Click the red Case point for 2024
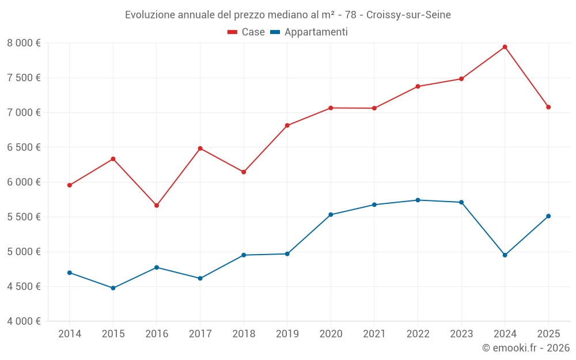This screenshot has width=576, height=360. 505,47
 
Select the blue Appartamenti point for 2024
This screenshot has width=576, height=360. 505,255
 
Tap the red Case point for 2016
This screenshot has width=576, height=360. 157,206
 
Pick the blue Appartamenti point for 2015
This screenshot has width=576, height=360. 113,288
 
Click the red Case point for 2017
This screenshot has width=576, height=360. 200,149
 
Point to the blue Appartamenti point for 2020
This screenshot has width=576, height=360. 331,215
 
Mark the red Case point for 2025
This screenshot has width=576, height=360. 548,107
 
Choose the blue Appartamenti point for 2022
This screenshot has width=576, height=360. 418,200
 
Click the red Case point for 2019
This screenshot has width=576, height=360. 287,126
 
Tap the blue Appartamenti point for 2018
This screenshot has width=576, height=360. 244,255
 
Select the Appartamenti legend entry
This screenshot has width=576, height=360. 309,32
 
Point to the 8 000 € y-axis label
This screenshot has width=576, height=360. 24,43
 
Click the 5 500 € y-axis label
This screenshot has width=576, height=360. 24,217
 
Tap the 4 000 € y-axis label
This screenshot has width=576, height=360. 24,321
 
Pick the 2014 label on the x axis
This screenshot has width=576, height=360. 70,334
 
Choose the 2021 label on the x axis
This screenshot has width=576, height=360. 374,334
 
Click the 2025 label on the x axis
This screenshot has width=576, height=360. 548,334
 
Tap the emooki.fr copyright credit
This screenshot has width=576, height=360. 526,348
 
